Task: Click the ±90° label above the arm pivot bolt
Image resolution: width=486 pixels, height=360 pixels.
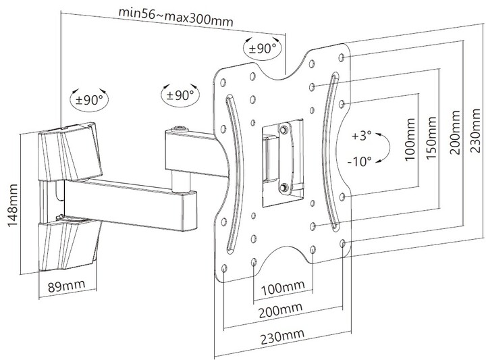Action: (x=178, y=96)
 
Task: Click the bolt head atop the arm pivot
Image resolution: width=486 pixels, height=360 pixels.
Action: (x=178, y=128)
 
